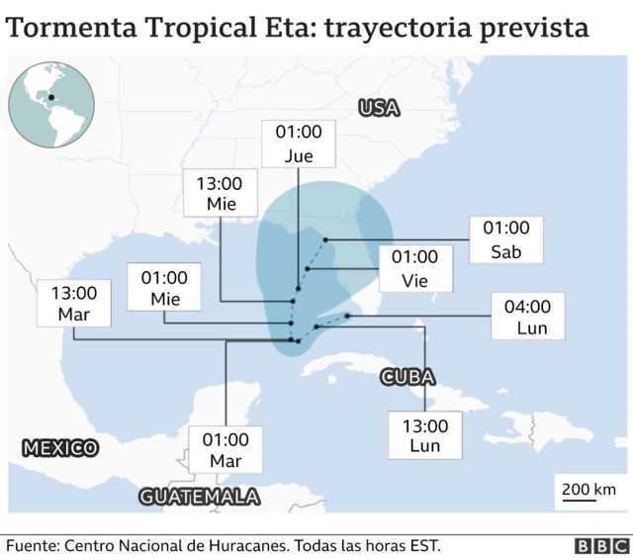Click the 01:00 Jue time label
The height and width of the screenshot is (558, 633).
click(x=298, y=143)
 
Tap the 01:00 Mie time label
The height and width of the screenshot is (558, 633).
click(x=164, y=288)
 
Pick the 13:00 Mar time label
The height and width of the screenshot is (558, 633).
click(x=74, y=303)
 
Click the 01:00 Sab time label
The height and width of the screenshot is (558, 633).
click(x=505, y=239)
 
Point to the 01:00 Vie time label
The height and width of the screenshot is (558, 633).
click(x=414, y=268)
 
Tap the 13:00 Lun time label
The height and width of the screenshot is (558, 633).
click(x=425, y=436)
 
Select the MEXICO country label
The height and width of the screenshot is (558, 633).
click(x=60, y=448)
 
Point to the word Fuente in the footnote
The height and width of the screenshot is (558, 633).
click(x=33, y=545)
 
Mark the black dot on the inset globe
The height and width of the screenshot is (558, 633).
click(x=49, y=97)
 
